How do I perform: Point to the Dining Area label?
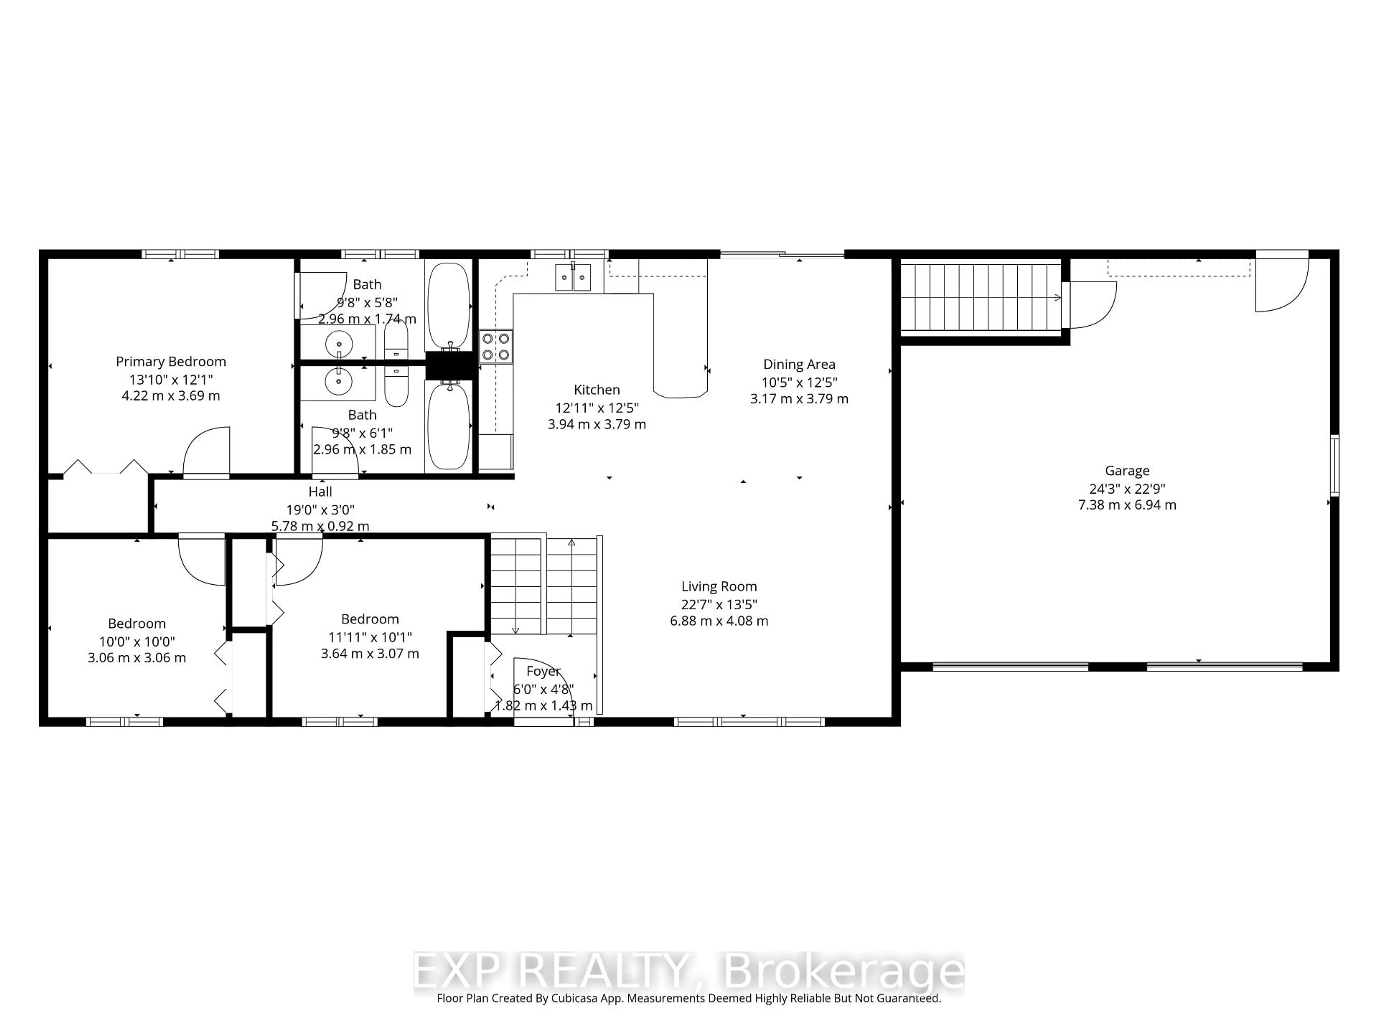point(799,365)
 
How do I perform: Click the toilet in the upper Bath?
point(395,341)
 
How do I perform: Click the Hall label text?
point(320,492)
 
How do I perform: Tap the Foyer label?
point(543,671)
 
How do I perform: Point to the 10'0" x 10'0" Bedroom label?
point(137,624)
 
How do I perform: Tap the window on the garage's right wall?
point(1334,465)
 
